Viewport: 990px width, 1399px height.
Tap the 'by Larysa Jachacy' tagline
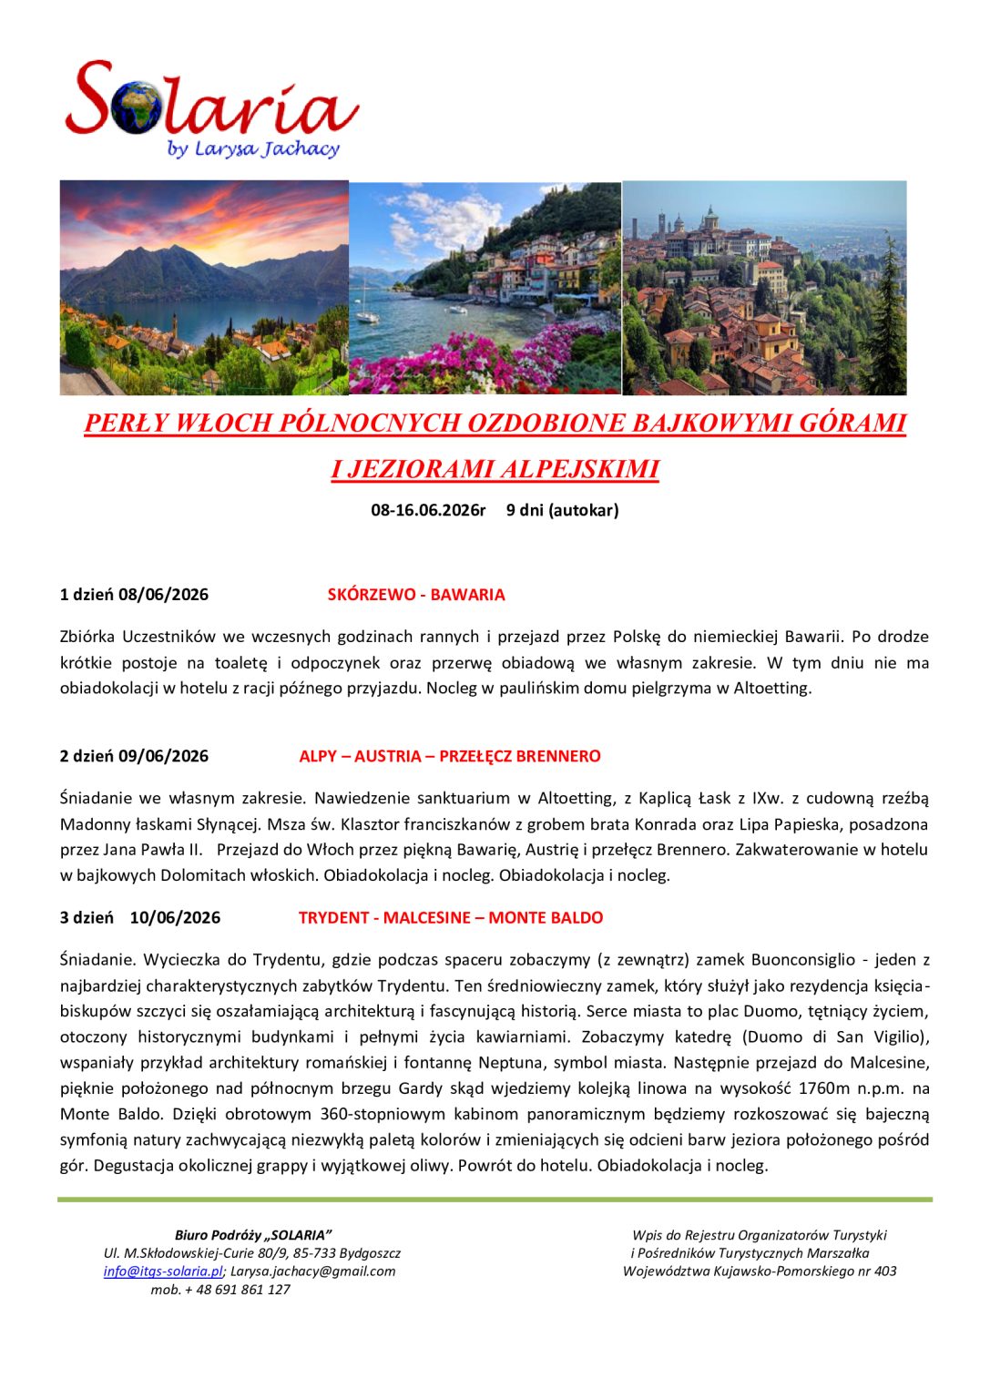(x=253, y=148)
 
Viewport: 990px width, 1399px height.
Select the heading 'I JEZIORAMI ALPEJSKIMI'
(x=495, y=469)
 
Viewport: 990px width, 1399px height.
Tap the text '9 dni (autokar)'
(x=562, y=510)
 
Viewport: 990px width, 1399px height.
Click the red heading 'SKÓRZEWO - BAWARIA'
(x=416, y=595)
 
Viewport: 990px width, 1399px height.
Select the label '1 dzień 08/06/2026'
(x=134, y=595)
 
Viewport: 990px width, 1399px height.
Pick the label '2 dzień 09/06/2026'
(x=134, y=756)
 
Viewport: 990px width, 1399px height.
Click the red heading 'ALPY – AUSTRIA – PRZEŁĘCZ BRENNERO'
(x=450, y=756)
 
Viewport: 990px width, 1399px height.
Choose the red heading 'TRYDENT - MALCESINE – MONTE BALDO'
(x=451, y=917)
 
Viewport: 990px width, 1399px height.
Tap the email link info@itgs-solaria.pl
(x=163, y=1271)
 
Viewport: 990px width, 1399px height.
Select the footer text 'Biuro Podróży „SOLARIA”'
(x=253, y=1235)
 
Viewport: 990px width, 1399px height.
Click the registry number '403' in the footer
(x=884, y=1271)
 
